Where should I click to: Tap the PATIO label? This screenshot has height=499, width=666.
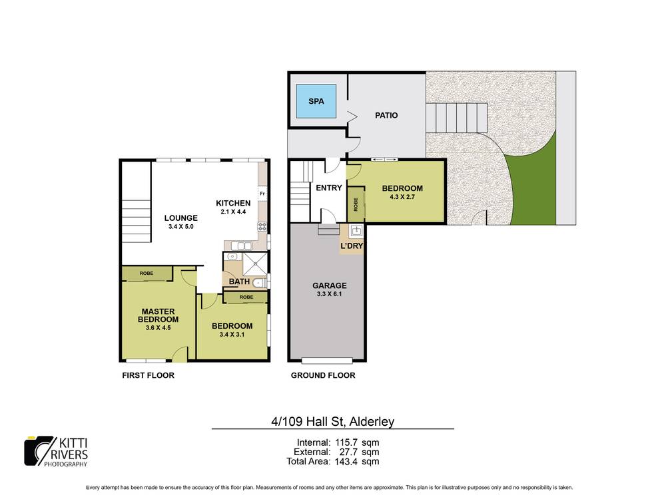pyautogui.click(x=386, y=115)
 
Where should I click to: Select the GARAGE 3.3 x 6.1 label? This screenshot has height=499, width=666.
pyautogui.click(x=330, y=290)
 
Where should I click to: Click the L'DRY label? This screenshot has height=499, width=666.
pyautogui.click(x=352, y=247)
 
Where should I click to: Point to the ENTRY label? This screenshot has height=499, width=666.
pyautogui.click(x=328, y=188)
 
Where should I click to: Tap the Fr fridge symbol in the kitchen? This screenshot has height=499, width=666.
pyautogui.click(x=262, y=194)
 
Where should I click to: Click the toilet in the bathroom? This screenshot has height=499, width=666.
pyautogui.click(x=260, y=283)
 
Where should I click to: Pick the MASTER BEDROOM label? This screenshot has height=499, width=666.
pyautogui.click(x=157, y=315)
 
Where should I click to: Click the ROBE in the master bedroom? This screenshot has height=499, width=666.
pyautogui.click(x=146, y=273)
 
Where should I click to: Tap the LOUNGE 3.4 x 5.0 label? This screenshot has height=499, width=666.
pyautogui.click(x=182, y=222)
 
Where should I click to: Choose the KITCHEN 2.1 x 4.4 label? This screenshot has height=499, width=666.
pyautogui.click(x=233, y=207)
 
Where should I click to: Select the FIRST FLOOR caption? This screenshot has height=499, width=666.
pyautogui.click(x=148, y=375)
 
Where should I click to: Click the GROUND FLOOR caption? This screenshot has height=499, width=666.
pyautogui.click(x=323, y=375)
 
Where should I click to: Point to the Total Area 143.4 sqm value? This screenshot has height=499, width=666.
pyautogui.click(x=333, y=460)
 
